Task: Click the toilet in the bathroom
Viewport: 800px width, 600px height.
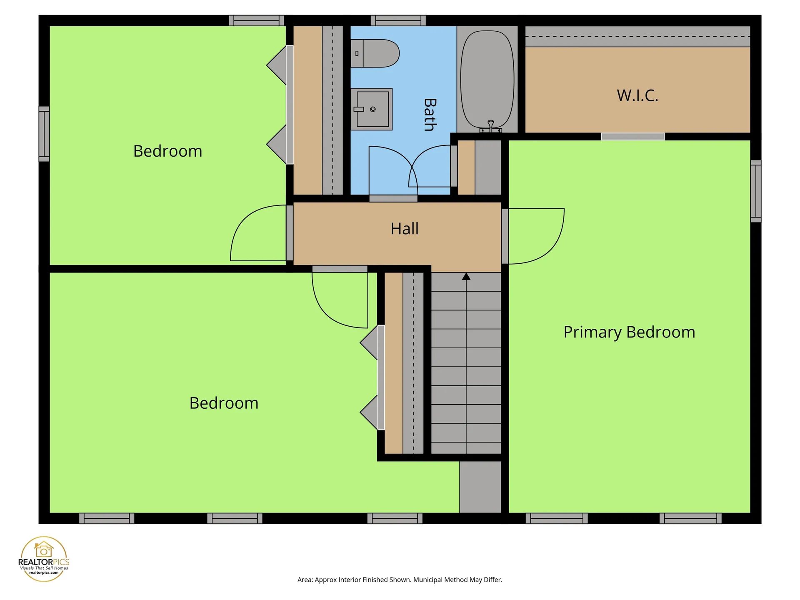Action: tap(375, 53)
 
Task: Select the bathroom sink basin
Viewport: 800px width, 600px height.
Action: tap(372, 109)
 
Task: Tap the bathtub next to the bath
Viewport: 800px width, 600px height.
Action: tap(487, 79)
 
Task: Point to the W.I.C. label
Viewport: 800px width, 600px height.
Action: tap(637, 95)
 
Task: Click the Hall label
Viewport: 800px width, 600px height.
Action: tap(405, 229)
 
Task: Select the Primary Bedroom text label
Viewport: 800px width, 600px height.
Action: tap(629, 332)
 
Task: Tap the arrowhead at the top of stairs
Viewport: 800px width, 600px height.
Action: tap(466, 276)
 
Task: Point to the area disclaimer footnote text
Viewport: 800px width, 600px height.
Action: tap(400, 580)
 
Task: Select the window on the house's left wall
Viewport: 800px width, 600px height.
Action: tap(44, 134)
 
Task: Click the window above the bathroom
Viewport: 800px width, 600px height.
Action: tap(398, 20)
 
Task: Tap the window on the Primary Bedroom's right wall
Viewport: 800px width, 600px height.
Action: tap(756, 191)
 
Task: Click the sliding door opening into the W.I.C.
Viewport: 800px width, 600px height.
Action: tap(633, 137)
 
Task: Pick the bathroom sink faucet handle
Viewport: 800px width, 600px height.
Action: tap(359, 109)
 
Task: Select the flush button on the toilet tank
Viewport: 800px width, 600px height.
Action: tap(357, 53)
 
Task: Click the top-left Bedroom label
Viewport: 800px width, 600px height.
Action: tap(167, 151)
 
